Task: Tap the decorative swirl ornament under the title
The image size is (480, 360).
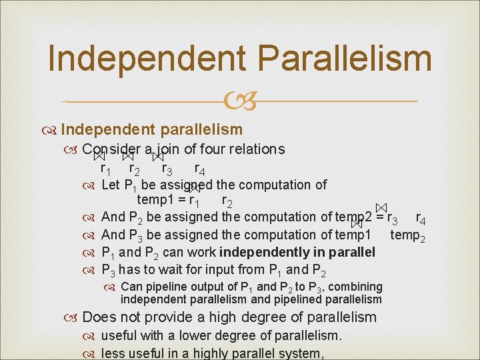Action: (x=239, y=102)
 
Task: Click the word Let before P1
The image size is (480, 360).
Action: (x=111, y=185)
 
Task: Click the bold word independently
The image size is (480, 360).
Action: (x=267, y=252)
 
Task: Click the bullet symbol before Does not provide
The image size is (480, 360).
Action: (x=73, y=318)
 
